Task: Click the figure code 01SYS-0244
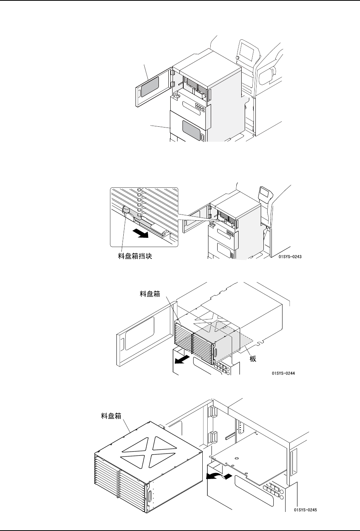283,374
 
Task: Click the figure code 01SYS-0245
306,509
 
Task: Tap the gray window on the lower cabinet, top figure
191,130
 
